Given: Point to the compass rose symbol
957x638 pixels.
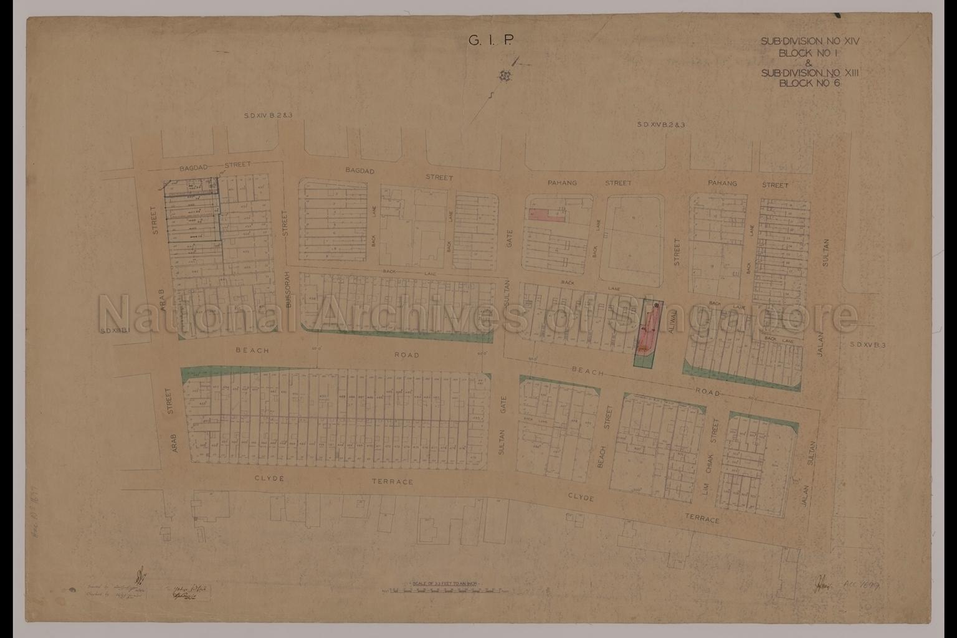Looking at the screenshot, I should click(x=503, y=75).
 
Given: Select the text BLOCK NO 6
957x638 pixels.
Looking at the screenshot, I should click(x=810, y=83).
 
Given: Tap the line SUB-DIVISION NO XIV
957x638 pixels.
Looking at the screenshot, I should click(x=810, y=42).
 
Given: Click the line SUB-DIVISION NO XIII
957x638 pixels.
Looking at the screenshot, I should click(x=810, y=73).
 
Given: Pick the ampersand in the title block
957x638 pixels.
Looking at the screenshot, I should click(x=809, y=63).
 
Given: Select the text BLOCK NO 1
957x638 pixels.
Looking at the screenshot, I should click(x=810, y=53).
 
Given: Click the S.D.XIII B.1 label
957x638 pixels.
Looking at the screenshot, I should click(x=113, y=331).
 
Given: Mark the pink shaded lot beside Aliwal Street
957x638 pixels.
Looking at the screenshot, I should click(x=648, y=330).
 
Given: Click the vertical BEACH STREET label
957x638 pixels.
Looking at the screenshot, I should click(x=602, y=436).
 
